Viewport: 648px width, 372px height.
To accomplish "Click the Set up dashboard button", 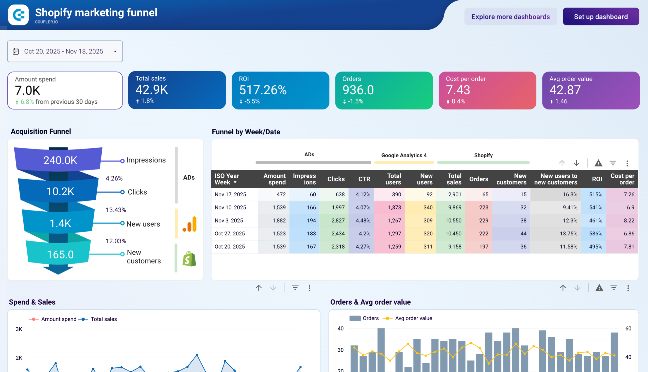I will (x=600, y=17).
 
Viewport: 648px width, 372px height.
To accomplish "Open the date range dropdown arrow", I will (x=115, y=51).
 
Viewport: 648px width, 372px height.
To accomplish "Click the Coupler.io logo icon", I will (x=18, y=15).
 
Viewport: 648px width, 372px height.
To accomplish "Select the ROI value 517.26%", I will (x=263, y=90).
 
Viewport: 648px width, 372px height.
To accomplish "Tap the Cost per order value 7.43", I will (x=458, y=90).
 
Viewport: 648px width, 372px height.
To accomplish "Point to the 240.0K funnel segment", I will (x=60, y=160).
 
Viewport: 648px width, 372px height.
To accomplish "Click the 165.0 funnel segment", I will (x=60, y=254).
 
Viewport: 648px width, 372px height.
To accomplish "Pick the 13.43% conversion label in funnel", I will (x=116, y=210).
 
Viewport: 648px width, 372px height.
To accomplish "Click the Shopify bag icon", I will (x=189, y=259).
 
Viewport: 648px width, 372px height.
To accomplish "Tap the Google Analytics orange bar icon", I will (x=190, y=224).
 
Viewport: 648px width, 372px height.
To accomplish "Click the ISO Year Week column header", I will (x=226, y=179).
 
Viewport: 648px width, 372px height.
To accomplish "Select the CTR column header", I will (x=364, y=179).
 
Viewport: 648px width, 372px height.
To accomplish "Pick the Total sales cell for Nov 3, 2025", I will (x=453, y=220).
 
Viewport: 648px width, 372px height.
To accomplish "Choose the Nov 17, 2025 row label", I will (x=230, y=194).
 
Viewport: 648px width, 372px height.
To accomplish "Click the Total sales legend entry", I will (x=103, y=319).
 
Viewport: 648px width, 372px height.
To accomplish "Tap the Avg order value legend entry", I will (x=413, y=318).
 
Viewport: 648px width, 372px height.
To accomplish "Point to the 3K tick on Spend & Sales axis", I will (x=19, y=329).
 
